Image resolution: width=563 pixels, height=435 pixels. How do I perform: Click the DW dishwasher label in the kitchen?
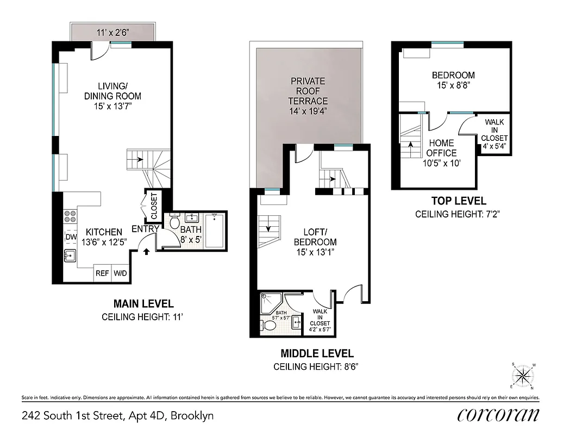point(71,237)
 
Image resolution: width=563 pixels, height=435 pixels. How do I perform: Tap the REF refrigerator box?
point(102,274)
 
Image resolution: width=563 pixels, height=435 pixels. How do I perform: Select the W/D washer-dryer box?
point(120,274)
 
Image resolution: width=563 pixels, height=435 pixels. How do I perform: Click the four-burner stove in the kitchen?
point(70,217)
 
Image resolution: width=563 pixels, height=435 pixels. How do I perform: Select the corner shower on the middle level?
point(269,302)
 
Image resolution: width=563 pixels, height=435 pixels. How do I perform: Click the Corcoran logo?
point(498,415)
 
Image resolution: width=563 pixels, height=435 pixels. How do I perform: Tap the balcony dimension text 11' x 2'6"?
point(115,32)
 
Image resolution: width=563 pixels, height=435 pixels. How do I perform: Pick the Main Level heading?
point(143,303)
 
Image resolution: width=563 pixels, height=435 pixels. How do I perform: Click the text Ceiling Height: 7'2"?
point(457,214)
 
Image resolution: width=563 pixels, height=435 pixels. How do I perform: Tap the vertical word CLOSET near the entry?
point(154,206)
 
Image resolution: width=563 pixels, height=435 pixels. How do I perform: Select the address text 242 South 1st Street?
point(117,416)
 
